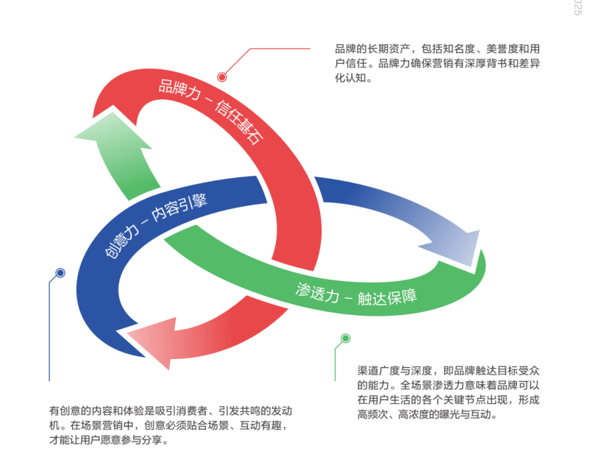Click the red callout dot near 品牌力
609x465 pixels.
(x=222, y=77)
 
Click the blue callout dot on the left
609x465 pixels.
(x=60, y=273)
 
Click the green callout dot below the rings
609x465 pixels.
(x=346, y=338)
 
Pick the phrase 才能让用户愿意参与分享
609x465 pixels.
(x=109, y=440)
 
